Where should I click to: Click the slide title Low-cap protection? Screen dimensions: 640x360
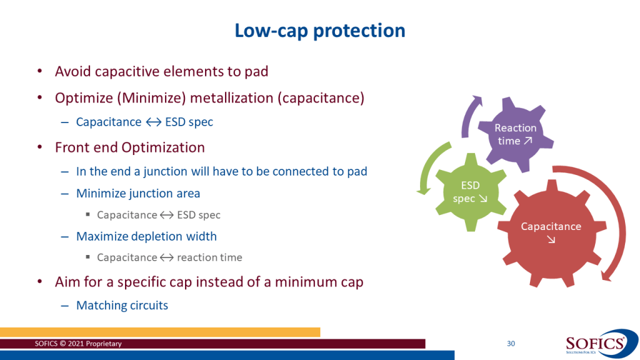pos(319,31)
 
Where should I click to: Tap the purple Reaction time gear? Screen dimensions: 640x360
pos(516,134)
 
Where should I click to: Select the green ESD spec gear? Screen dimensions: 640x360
pos(471,192)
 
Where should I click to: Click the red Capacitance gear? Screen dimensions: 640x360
pos(551,233)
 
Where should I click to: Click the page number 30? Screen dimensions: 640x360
pos(511,344)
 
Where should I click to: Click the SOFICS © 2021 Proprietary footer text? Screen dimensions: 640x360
pos(78,344)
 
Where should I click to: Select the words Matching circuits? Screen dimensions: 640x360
pos(122,305)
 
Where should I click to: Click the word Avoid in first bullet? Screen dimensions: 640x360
pos(72,71)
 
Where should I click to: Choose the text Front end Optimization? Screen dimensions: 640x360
pos(130,147)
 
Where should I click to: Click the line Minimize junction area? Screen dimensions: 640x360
pos(138,193)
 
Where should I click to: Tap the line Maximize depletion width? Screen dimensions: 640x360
pos(146,236)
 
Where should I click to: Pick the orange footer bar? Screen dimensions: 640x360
pos(160,332)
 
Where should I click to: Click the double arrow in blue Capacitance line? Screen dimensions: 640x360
pos(154,122)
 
